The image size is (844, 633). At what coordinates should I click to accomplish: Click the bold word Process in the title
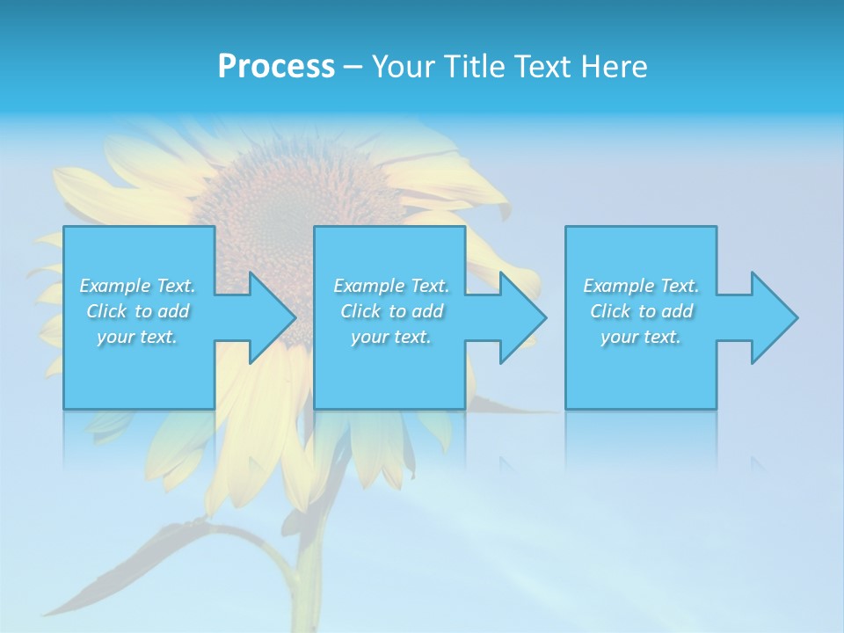pos(276,66)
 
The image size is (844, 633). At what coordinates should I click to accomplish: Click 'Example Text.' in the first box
pos(137,286)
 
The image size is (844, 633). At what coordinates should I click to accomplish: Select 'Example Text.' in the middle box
pos(391,286)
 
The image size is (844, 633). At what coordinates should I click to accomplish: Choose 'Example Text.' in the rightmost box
pos(641,286)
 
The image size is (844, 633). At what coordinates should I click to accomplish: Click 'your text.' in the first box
pos(137,337)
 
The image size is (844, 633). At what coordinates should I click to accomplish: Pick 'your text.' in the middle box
pos(391,337)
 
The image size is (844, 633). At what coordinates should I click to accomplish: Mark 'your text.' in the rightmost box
pos(641,337)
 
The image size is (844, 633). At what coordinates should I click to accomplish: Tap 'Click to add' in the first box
pos(137,311)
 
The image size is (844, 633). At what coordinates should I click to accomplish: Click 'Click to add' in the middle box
pos(391,311)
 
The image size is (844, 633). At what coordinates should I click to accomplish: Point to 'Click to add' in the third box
pos(641,311)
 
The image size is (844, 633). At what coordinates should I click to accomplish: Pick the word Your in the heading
pos(403,66)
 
